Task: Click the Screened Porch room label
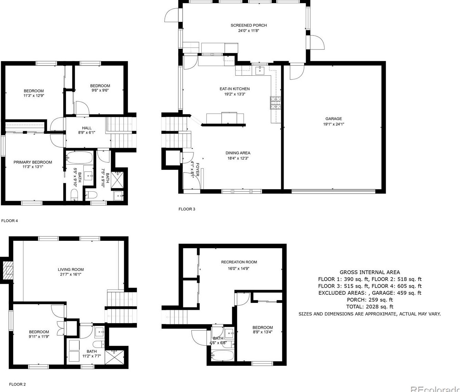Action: [x=248, y=25]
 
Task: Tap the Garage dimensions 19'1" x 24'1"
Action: [x=334, y=124]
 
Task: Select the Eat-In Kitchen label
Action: [x=234, y=89]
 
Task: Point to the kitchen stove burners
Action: [x=275, y=103]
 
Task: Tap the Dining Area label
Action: [x=238, y=153]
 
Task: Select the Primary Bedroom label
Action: [x=33, y=162]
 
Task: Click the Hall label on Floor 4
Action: [x=87, y=128]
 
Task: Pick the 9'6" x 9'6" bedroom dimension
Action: [x=100, y=90]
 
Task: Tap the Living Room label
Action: [x=71, y=270]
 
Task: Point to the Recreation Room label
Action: [x=239, y=262]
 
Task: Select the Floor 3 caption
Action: [x=187, y=209]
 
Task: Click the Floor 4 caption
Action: [x=10, y=221]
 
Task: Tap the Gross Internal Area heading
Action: [x=370, y=272]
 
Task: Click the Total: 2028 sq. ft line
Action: [x=370, y=307]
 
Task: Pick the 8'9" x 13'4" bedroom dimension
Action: [x=263, y=332]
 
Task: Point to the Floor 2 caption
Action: [x=17, y=384]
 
